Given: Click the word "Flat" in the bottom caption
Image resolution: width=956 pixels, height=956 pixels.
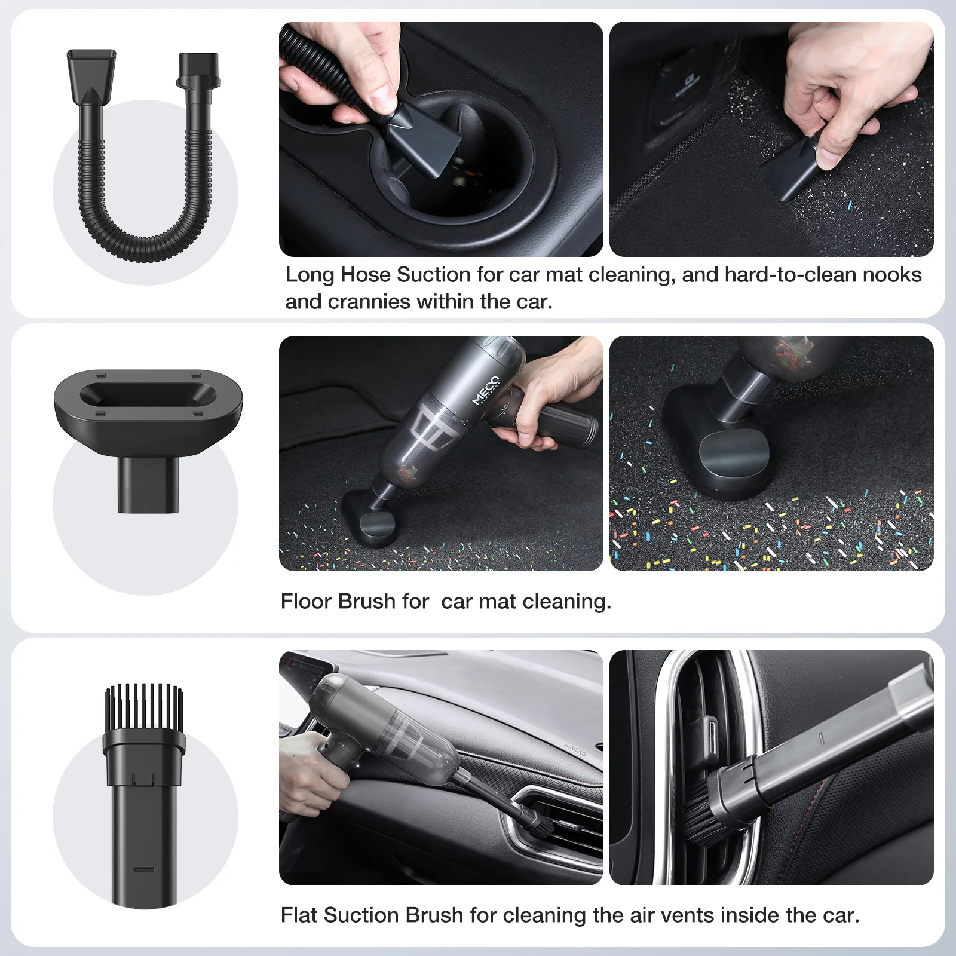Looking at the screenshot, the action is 299,915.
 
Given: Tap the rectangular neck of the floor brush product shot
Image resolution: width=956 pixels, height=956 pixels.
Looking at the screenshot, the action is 148,485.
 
